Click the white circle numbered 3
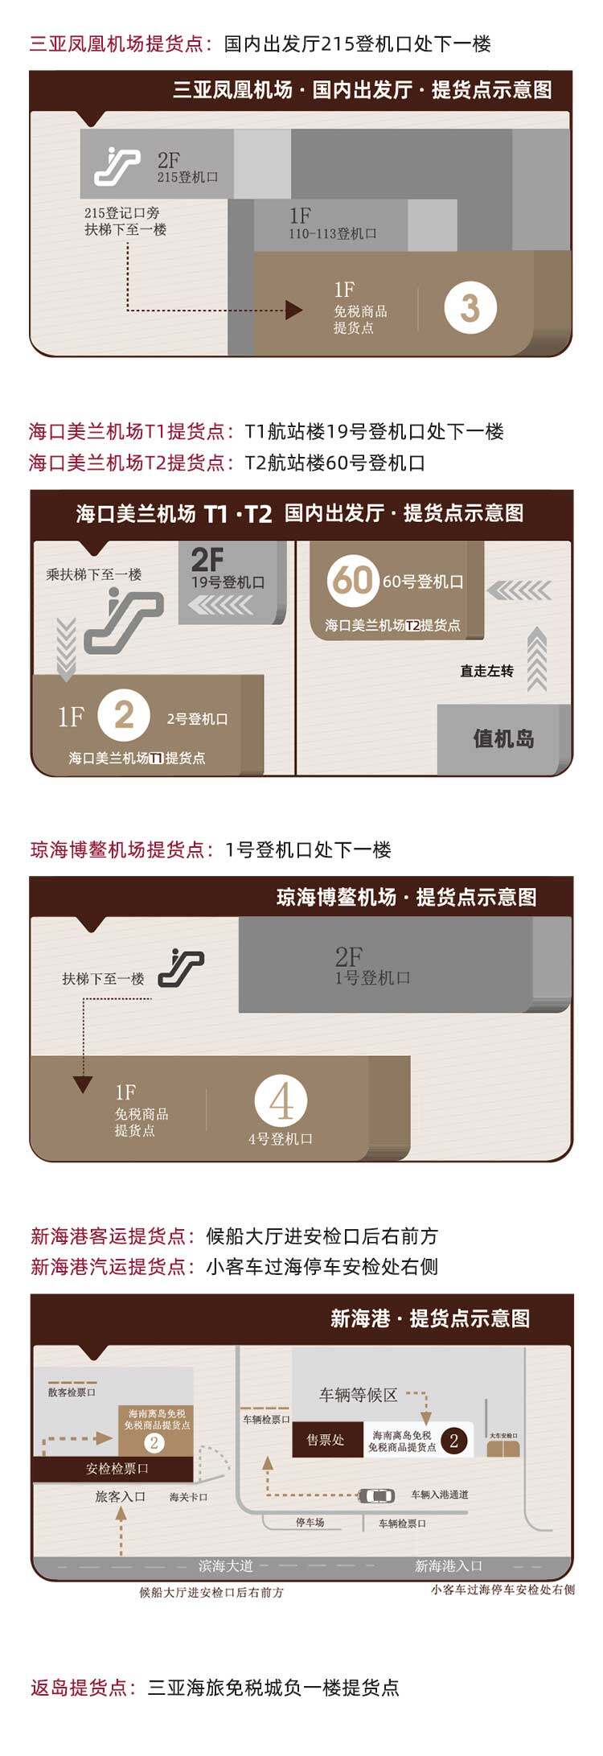pyautogui.click(x=470, y=307)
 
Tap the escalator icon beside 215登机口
pyautogui.click(x=117, y=167)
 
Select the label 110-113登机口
pyautogui.click(x=333, y=234)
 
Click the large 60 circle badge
pyautogui.click(x=352, y=581)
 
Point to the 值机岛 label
pyautogui.click(x=503, y=738)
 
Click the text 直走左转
pyautogui.click(x=486, y=671)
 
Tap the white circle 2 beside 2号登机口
pyautogui.click(x=124, y=715)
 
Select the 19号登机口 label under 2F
pyautogui.click(x=228, y=582)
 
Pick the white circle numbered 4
pyautogui.click(x=281, y=1102)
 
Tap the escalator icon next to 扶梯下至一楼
pyautogui.click(x=181, y=968)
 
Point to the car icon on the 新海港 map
pyautogui.click(x=376, y=1496)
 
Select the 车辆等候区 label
pyautogui.click(x=359, y=1395)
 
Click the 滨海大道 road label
pyautogui.click(x=226, y=1566)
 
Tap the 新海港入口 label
pyautogui.click(x=449, y=1566)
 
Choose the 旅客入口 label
pyautogui.click(x=121, y=1496)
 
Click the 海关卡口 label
pyautogui.click(x=189, y=1497)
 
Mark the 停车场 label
pyautogui.click(x=310, y=1523)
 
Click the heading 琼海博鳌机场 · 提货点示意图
pyautogui.click(x=407, y=897)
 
